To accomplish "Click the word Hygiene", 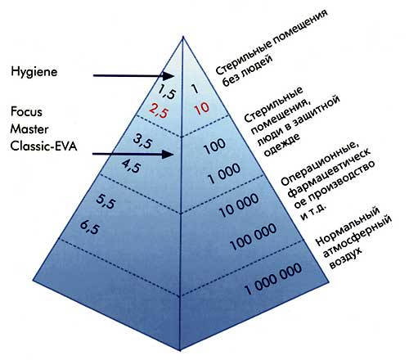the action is pyautogui.click(x=34, y=72).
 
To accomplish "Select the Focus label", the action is pyautogui.click(x=26, y=112).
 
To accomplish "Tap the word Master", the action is pyautogui.click(x=29, y=129).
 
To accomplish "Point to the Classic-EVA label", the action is pyautogui.click(x=43, y=146).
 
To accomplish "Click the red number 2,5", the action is pyautogui.click(x=160, y=111).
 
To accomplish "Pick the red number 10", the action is pyautogui.click(x=202, y=108).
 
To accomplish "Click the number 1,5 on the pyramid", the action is pyautogui.click(x=167, y=91).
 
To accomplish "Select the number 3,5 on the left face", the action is pyautogui.click(x=143, y=142).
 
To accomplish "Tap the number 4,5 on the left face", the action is pyautogui.click(x=132, y=166).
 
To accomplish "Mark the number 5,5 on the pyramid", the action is pyautogui.click(x=106, y=201).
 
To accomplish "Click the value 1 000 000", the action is pyautogui.click(x=273, y=279).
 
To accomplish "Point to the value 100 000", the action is pyautogui.click(x=254, y=236).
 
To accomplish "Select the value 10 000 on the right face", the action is pyautogui.click(x=239, y=205).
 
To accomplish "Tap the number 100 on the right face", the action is pyautogui.click(x=214, y=146).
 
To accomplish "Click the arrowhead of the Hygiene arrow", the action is pyautogui.click(x=169, y=76).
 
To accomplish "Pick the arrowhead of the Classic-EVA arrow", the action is pyautogui.click(x=169, y=155).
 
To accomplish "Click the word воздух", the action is pyautogui.click(x=346, y=258).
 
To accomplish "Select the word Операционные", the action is pyautogui.click(x=319, y=164).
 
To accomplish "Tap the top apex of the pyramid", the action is pyautogui.click(x=183, y=37).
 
